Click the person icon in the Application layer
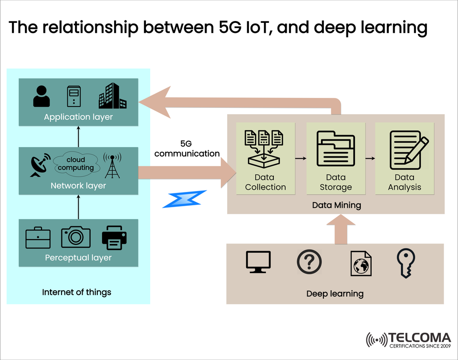(x=42, y=96)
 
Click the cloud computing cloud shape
(x=76, y=163)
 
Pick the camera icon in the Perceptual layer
(x=75, y=237)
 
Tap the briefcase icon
(x=38, y=238)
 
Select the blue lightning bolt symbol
(x=185, y=199)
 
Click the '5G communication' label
(x=187, y=148)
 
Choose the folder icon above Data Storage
(x=336, y=148)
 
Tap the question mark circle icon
(x=309, y=262)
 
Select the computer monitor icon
(x=258, y=262)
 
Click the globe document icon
(x=361, y=263)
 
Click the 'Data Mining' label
(x=336, y=205)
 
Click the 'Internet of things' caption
(x=77, y=292)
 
